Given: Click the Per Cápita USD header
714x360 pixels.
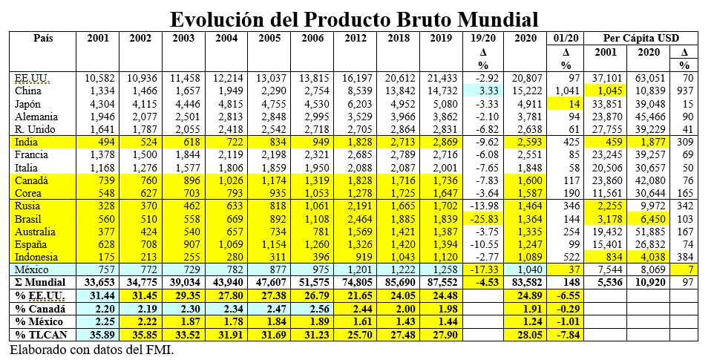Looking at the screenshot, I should coord(641,39).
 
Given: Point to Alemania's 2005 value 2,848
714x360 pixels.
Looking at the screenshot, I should coord(272,117).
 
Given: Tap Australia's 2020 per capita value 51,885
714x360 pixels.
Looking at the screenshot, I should coord(649,231).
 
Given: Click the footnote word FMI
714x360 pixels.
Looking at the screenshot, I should coord(160,349).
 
